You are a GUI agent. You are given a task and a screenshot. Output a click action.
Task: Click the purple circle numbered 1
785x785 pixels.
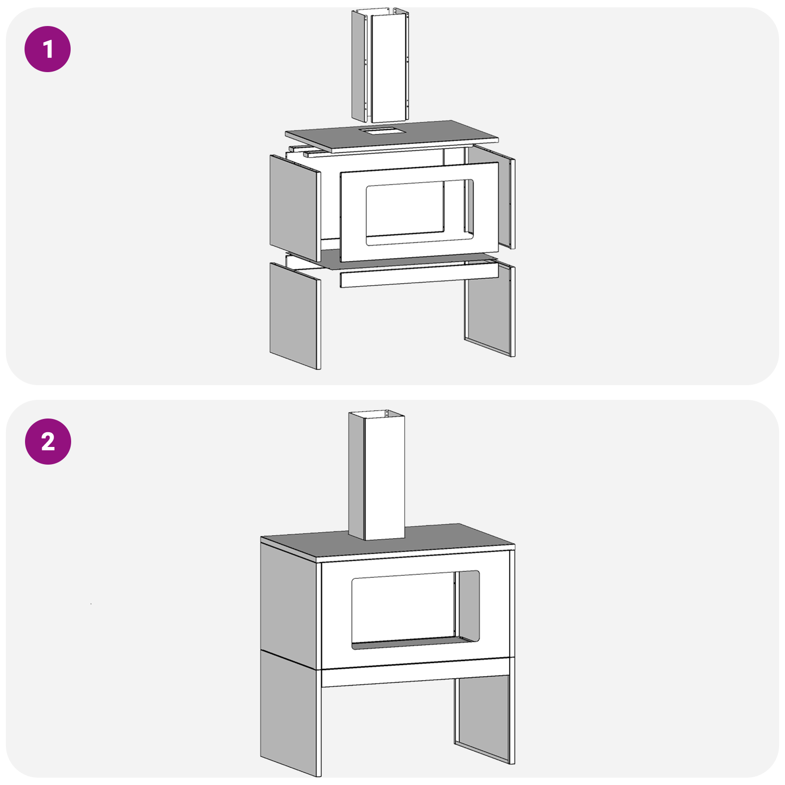click(x=48, y=49)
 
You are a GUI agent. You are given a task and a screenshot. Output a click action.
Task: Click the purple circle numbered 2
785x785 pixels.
click(x=48, y=441)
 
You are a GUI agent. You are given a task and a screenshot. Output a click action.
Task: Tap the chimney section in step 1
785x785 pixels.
click(x=388, y=69)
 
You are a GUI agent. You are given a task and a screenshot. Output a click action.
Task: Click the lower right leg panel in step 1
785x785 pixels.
click(x=488, y=312)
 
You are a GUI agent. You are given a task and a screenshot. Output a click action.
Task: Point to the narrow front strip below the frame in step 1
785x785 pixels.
click(x=417, y=276)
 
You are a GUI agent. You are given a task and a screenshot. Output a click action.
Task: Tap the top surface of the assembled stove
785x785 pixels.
click(x=442, y=540)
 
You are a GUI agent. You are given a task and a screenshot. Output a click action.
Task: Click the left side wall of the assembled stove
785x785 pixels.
click(x=289, y=599)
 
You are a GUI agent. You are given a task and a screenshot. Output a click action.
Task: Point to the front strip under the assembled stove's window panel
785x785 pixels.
click(x=417, y=675)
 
